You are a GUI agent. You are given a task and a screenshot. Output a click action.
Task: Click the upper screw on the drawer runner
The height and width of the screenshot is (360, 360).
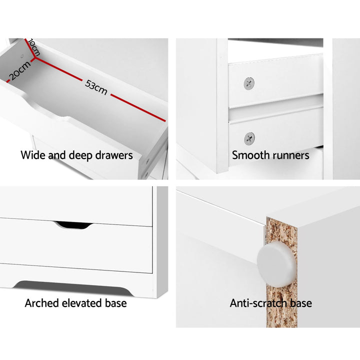coord(248,83)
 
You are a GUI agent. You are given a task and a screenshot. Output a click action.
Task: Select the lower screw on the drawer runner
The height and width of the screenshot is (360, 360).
coord(248,137)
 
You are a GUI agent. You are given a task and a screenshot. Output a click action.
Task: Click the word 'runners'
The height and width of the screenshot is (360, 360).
coord(290,155)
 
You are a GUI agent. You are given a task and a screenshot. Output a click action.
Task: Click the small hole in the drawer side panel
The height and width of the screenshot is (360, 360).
coord(22,56)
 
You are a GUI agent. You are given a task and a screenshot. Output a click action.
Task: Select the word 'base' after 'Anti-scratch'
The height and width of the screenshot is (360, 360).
coord(301,303)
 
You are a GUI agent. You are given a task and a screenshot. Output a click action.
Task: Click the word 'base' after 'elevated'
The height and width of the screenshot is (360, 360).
coord(115,303)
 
